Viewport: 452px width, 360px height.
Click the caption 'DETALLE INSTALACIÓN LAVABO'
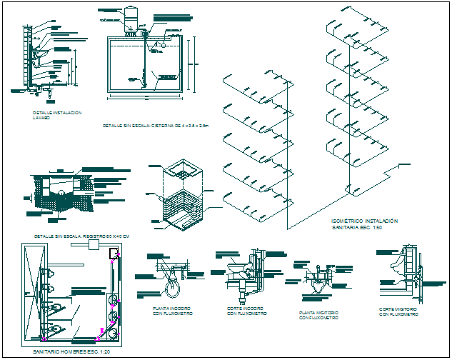(x=57, y=116)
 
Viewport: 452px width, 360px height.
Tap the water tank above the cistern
(x=132, y=18)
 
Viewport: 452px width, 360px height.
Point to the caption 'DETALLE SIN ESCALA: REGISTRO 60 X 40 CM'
(x=86, y=236)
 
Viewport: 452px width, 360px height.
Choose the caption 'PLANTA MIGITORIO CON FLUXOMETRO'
(x=318, y=316)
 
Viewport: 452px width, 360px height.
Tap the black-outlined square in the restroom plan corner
(x=113, y=253)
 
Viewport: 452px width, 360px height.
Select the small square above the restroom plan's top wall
(x=91, y=244)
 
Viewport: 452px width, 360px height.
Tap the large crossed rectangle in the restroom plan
(x=32, y=293)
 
